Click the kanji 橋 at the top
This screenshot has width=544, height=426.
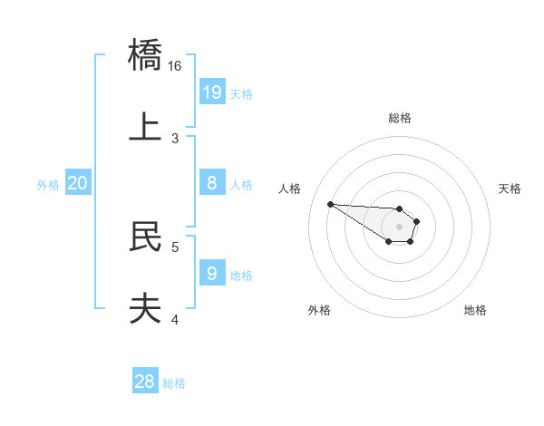(146, 56)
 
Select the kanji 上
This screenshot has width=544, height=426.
(146, 128)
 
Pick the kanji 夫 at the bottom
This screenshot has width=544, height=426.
(146, 308)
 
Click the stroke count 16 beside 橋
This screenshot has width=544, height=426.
(175, 66)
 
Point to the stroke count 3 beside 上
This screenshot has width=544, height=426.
(175, 138)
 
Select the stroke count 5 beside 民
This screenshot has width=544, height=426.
(175, 246)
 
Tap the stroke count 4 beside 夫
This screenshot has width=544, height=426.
(175, 318)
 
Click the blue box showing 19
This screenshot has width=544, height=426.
(212, 92)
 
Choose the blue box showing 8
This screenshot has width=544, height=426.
(212, 183)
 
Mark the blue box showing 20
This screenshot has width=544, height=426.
(78, 183)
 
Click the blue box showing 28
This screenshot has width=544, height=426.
(145, 382)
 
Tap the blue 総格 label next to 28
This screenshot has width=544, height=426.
(174, 383)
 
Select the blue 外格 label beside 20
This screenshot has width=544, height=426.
(48, 185)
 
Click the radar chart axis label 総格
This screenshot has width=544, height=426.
(400, 118)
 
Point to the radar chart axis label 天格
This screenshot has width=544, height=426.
(510, 189)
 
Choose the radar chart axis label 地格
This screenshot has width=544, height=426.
(475, 311)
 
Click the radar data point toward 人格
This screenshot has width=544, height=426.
(330, 204)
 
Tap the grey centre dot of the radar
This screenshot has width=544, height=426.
(399, 227)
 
